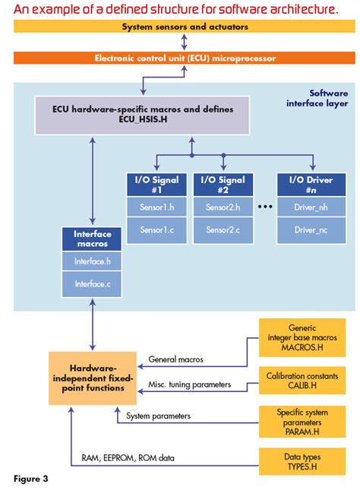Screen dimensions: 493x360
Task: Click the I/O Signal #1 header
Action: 155,185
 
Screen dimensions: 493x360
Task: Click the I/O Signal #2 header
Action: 223,185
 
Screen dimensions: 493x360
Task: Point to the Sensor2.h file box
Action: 223,207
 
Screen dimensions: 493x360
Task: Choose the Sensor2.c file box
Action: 223,229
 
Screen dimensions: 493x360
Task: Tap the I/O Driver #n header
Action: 311,185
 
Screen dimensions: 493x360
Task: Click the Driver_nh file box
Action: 311,207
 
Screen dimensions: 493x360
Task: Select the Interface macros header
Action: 92,239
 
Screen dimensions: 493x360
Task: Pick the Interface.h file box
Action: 92,261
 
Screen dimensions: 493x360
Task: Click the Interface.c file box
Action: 92,283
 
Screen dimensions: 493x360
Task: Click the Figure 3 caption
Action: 31,479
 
